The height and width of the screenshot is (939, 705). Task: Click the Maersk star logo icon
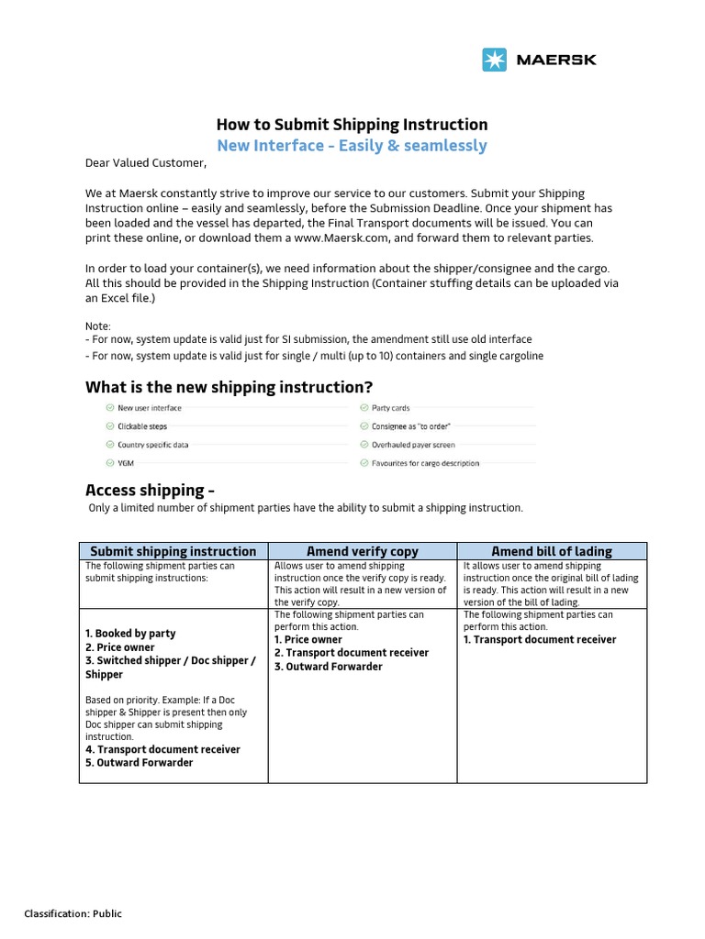point(494,60)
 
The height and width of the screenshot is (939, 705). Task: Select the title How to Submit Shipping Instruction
point(352,125)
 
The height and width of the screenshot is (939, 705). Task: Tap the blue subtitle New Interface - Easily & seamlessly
point(352,146)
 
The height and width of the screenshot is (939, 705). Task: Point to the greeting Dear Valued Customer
point(146,164)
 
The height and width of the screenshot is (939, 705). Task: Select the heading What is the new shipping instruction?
point(229,386)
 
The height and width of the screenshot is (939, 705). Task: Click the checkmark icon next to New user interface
point(110,408)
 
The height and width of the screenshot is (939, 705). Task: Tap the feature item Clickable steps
point(142,426)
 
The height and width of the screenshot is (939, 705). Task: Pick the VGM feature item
point(127,463)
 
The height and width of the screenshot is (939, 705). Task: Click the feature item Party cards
point(390,408)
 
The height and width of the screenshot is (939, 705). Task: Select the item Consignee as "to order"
point(410,426)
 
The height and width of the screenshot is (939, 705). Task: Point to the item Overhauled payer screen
point(411,445)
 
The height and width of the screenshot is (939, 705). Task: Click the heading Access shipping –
point(150,489)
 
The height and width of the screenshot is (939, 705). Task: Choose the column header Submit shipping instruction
point(173,551)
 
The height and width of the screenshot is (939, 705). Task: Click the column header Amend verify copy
point(362,551)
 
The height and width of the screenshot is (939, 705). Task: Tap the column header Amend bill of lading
point(552,551)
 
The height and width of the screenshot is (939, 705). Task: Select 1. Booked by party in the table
point(130,634)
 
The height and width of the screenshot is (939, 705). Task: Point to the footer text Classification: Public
point(73,913)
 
